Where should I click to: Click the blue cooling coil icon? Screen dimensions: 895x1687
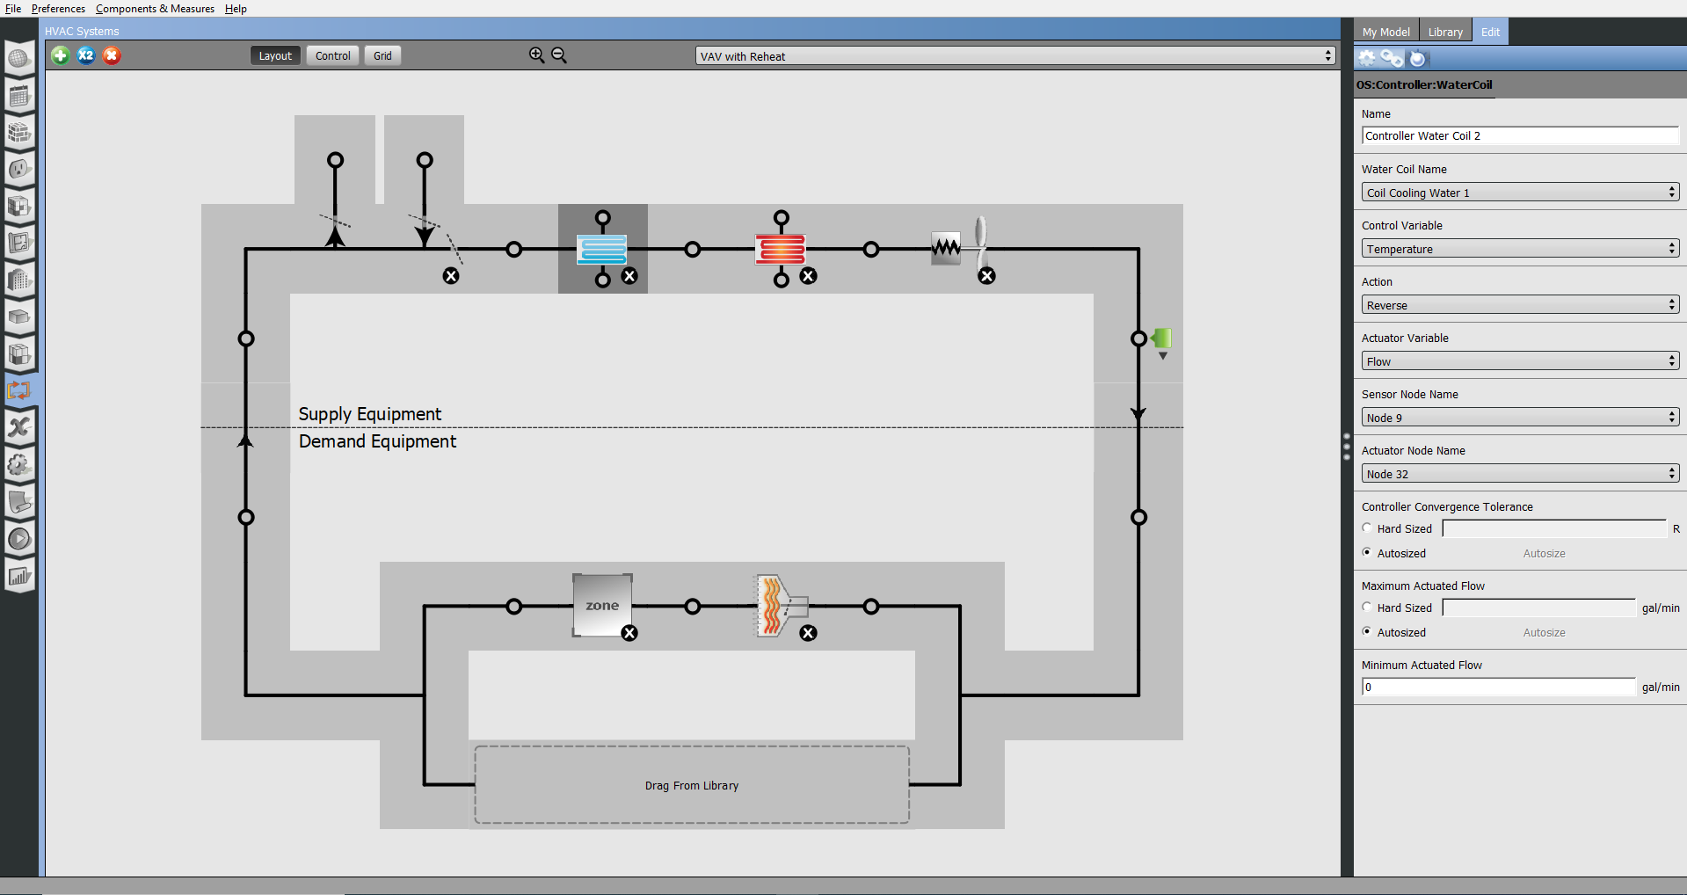tap(602, 249)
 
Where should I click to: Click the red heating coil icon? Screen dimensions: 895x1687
tap(781, 249)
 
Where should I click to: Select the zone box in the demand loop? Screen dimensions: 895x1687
tap(602, 605)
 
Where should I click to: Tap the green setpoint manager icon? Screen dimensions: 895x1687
tap(1162, 338)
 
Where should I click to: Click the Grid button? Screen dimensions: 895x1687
tap(382, 55)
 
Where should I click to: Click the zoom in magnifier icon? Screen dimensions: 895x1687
tap(536, 55)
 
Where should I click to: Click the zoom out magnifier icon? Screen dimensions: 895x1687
tap(559, 55)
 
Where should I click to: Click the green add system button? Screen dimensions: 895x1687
tap(61, 55)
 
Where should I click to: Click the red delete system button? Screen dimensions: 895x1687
tap(112, 55)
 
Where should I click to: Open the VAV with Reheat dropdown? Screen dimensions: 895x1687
tap(1015, 56)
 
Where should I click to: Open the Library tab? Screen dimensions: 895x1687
tap(1445, 32)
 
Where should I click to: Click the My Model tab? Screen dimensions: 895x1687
tap(1385, 32)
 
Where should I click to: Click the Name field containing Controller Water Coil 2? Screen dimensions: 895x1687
tap(1519, 135)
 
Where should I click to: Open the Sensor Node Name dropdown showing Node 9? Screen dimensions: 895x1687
tap(1519, 418)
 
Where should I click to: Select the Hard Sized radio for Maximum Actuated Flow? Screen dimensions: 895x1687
tap(1367, 607)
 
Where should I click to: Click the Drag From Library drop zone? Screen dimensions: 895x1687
tap(692, 785)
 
